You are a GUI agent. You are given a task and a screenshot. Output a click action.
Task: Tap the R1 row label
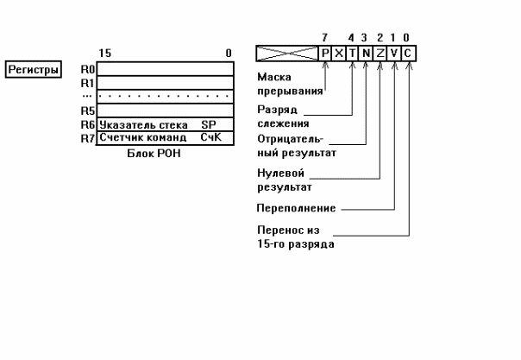click(x=86, y=82)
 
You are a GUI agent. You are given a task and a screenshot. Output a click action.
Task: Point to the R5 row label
click(x=86, y=111)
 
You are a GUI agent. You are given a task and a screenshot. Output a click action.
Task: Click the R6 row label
click(x=86, y=124)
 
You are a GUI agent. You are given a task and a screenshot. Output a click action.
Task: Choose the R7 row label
click(x=86, y=137)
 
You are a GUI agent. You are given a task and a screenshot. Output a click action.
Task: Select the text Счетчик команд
click(x=143, y=137)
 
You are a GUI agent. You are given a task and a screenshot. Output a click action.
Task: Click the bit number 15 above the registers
click(x=104, y=53)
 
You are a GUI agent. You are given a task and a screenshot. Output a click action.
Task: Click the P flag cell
click(x=324, y=54)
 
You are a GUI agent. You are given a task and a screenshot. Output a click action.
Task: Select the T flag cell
click(x=352, y=54)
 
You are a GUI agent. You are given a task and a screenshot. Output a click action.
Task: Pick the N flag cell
click(x=366, y=54)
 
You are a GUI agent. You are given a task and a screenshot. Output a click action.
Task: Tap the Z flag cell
click(x=380, y=54)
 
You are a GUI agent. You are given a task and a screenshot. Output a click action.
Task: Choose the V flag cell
click(x=394, y=54)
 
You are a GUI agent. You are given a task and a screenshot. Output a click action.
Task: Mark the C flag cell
click(x=408, y=54)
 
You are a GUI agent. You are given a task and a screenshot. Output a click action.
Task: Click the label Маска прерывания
click(x=288, y=82)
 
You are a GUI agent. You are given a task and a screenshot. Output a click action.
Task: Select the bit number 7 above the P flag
click(x=324, y=38)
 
